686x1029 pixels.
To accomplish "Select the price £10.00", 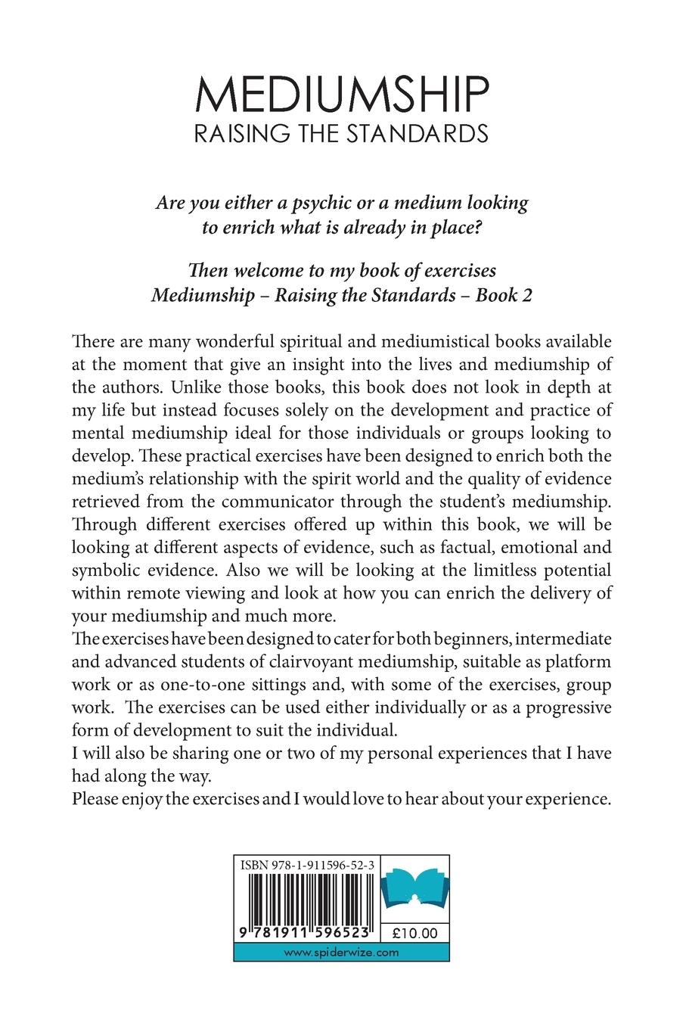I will coord(417,934).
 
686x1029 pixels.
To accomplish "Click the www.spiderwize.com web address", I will coord(342,953).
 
